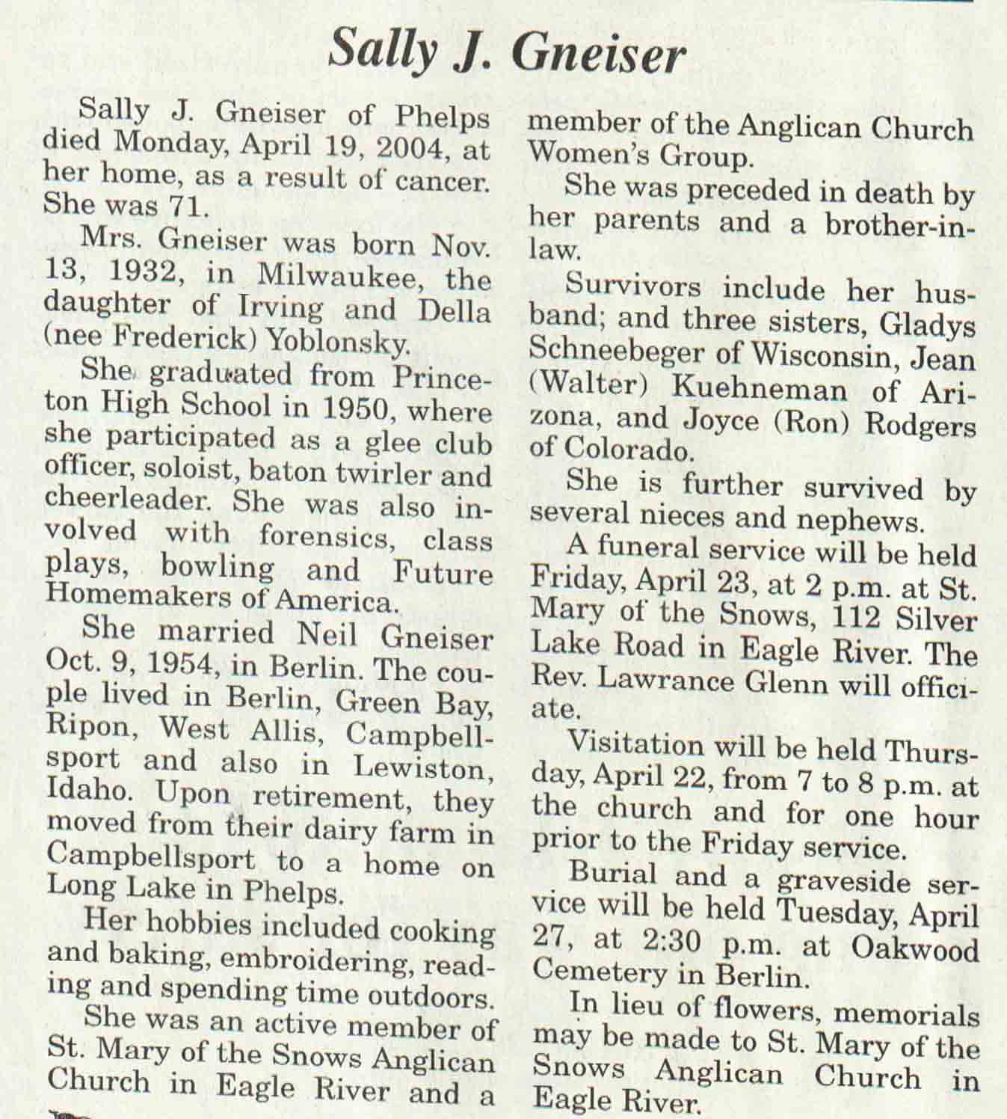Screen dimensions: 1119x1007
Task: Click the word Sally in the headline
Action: coord(379,50)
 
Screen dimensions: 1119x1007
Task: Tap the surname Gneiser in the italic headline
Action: coord(600,54)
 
